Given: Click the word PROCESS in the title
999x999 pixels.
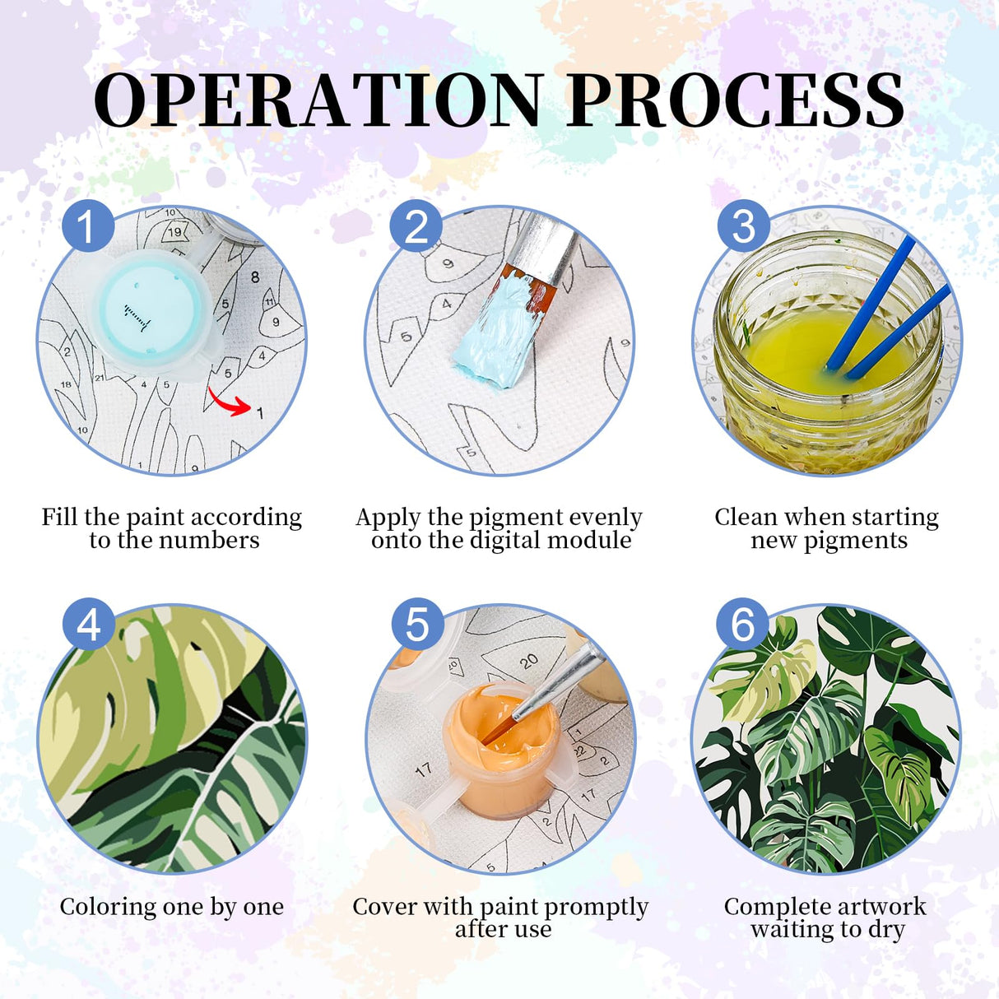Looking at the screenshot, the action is click(734, 100).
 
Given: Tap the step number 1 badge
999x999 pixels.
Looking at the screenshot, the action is click(88, 225).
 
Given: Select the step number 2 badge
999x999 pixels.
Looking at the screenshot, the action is click(416, 225).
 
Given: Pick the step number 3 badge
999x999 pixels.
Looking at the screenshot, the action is click(743, 225).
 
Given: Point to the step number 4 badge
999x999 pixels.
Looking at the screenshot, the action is click(88, 625).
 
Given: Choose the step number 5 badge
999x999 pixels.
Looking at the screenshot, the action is click(417, 625).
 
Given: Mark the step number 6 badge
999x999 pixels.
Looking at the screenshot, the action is click(742, 625).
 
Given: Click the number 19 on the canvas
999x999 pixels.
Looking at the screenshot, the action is click(174, 232).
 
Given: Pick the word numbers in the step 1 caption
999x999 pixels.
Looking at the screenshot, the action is click(209, 541).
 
